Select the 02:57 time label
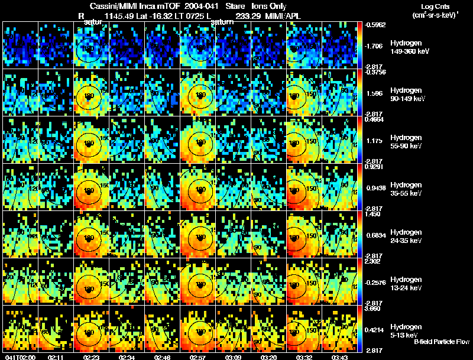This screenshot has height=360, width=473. tap(198, 357)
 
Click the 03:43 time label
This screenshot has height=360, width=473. tap(340, 357)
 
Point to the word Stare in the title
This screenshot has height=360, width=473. tap(235, 5)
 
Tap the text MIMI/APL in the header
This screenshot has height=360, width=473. tap(283, 17)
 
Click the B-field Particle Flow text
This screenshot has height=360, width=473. tap(441, 342)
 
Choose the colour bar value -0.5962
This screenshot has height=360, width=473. tap(376, 25)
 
